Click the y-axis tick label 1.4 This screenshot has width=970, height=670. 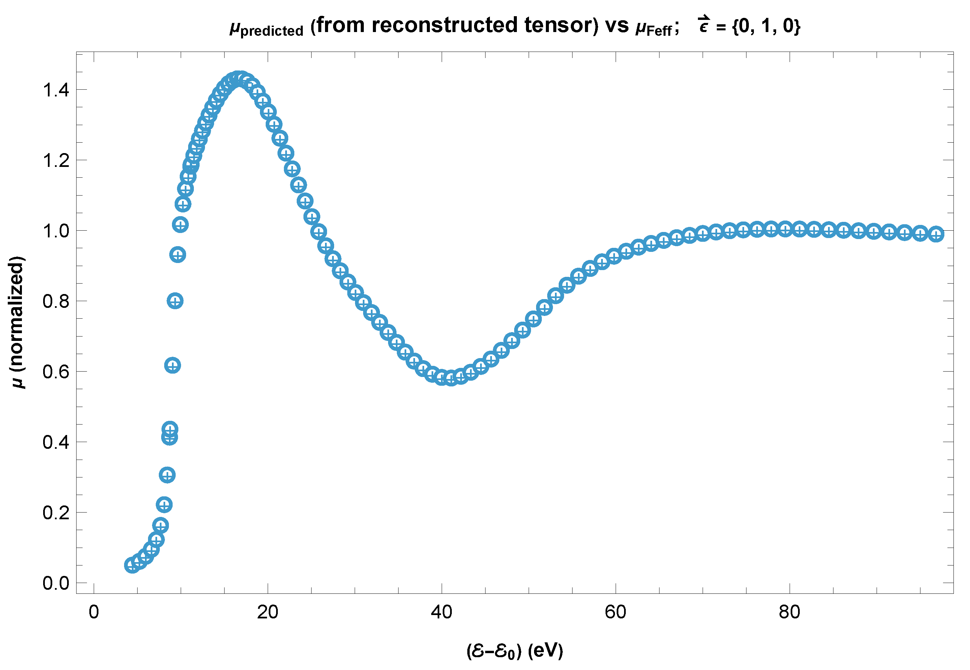click(x=56, y=90)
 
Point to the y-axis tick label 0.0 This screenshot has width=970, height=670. click(x=56, y=583)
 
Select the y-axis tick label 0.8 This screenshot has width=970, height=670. click(x=56, y=301)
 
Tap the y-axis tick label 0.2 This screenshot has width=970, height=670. click(x=56, y=513)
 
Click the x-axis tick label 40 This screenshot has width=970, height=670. click(x=442, y=612)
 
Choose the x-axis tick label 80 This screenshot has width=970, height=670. click(x=790, y=612)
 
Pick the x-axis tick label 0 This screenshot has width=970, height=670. click(x=94, y=612)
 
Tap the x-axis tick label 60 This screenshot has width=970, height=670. click(x=615, y=612)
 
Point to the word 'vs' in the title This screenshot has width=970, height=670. click(x=617, y=26)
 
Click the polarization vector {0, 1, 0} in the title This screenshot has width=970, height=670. click(x=766, y=26)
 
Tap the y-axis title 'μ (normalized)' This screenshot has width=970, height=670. click(x=17, y=322)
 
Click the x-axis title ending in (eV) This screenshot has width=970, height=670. click(x=515, y=651)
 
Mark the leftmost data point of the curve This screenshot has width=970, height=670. click(x=132, y=565)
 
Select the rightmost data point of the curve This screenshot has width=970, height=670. click(x=936, y=234)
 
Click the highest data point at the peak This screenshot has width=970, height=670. click(x=238, y=79)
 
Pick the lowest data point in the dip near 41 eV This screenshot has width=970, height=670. click(x=451, y=379)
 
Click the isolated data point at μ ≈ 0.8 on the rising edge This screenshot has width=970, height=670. click(x=175, y=301)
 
